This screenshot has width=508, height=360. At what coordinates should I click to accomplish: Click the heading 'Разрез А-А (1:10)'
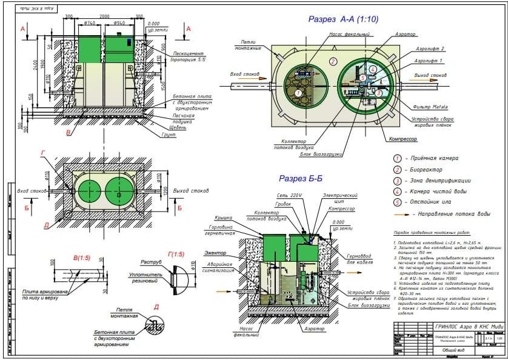(x=343, y=19)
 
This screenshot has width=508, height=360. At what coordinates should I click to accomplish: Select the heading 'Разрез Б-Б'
(x=302, y=179)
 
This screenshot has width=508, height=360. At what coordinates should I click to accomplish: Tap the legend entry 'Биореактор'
(x=427, y=170)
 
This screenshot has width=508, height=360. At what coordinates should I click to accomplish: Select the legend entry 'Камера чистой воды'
(x=436, y=192)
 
